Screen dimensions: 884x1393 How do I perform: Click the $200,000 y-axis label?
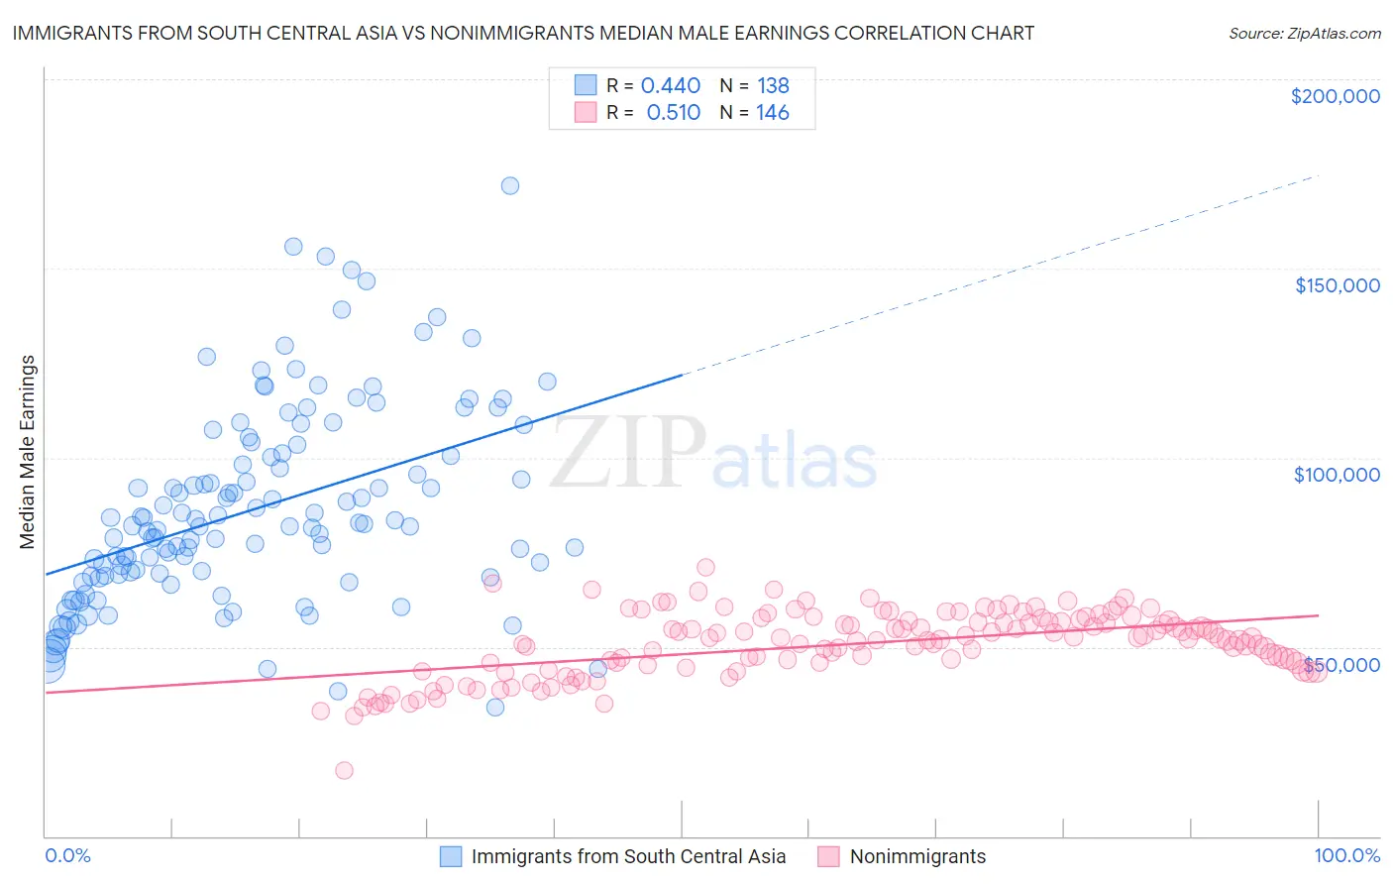1335,96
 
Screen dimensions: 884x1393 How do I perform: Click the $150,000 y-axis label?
1337,285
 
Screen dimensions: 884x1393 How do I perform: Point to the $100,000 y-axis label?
1337,475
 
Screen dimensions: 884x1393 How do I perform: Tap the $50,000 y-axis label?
1341,664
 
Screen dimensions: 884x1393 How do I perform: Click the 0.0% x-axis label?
67,856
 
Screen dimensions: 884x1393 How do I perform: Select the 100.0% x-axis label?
1346,856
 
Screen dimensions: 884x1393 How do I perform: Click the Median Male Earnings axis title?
28,452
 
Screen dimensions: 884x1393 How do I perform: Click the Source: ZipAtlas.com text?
1304,34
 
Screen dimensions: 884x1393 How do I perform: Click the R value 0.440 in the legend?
671,86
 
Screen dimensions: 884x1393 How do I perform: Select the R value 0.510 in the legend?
673,113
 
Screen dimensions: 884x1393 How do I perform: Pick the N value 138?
773,86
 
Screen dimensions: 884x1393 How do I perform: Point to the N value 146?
773,113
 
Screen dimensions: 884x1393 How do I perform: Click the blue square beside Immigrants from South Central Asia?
452,857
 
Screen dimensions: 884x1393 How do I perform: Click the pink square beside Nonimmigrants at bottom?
828,857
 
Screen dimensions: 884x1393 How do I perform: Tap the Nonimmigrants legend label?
917,857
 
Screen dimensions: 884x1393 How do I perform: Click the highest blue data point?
510,185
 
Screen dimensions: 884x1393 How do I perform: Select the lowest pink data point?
344,770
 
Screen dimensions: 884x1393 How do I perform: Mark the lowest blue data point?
495,707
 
